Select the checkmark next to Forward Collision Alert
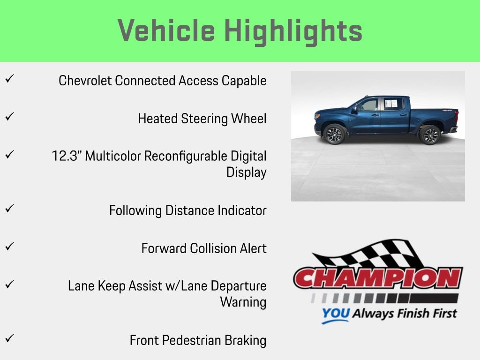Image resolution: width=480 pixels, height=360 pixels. pyautogui.click(x=8, y=246)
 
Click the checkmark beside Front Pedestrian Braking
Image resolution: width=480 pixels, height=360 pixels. pyautogui.click(x=8, y=338)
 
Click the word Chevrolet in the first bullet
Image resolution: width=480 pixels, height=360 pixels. pyautogui.click(x=85, y=81)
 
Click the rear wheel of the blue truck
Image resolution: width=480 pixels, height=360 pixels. pyautogui.click(x=429, y=135)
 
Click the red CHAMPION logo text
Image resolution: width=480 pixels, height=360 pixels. pyautogui.click(x=378, y=278)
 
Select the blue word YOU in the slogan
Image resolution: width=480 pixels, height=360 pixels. pyautogui.click(x=335, y=314)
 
